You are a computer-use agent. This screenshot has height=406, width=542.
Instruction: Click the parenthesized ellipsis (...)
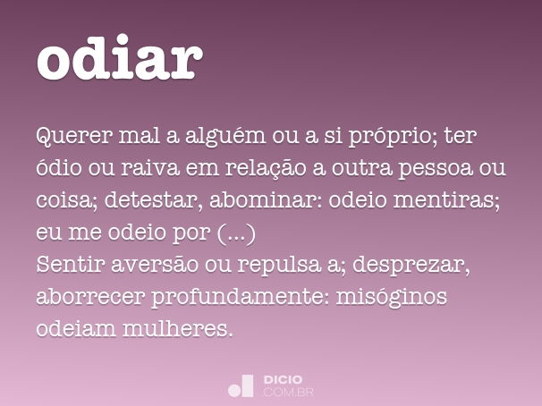pos(236,233)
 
